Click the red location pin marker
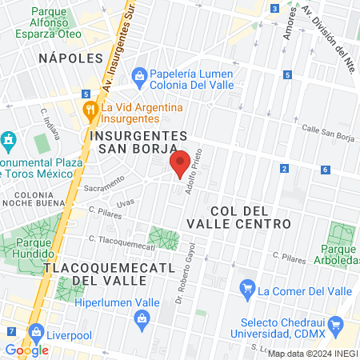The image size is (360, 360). click(181, 163)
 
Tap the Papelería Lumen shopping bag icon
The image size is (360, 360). click(139, 76)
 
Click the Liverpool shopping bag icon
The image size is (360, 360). click(35, 330)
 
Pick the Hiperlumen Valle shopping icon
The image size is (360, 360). click(141, 318)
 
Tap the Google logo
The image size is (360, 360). click(26, 350)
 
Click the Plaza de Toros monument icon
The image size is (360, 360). click(8, 141)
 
